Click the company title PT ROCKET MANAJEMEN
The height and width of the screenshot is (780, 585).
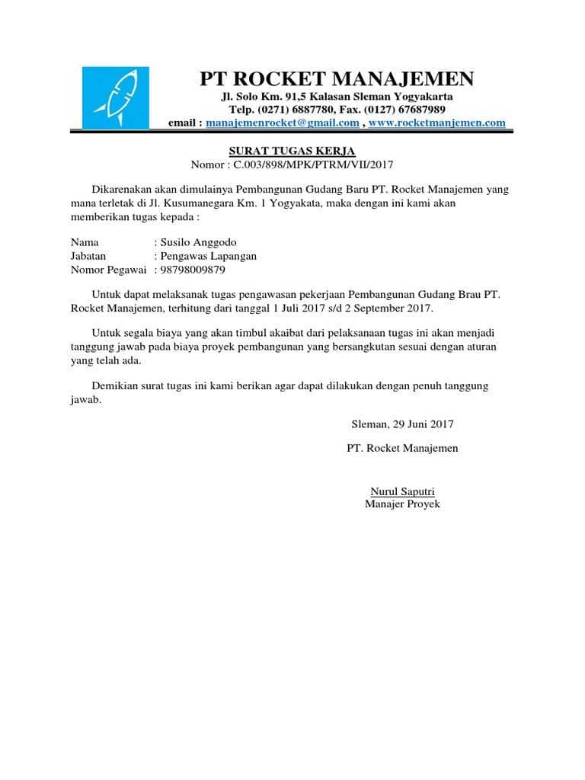pyautogui.click(x=337, y=78)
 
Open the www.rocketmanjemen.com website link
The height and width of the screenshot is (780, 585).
pyautogui.click(x=436, y=123)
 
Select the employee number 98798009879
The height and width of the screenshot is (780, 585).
pyautogui.click(x=192, y=270)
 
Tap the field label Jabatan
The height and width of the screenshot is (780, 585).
pyautogui.click(x=88, y=256)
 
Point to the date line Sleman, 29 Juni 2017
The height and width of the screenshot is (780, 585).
pyautogui.click(x=401, y=424)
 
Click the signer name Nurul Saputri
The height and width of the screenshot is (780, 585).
pyautogui.click(x=402, y=491)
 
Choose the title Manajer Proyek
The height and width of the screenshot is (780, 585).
pyautogui.click(x=402, y=504)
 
